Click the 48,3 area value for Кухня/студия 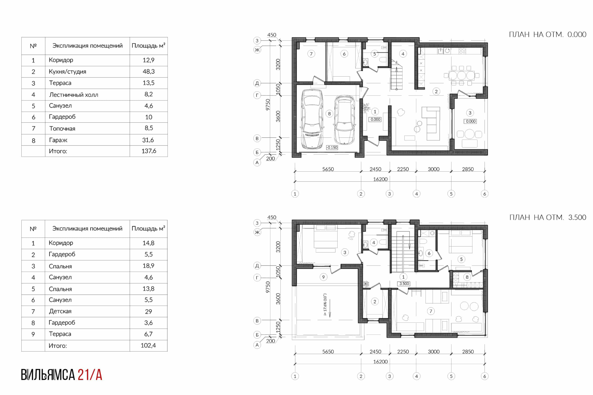[148, 72]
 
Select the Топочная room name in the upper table [62, 128]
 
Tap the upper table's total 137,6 [149, 151]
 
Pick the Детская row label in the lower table [60, 311]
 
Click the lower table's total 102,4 [148, 345]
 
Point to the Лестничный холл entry [74, 95]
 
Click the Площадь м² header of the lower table [148, 229]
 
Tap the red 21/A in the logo [90, 375]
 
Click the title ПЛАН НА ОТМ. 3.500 [548, 217]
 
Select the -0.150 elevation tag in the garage [332, 148]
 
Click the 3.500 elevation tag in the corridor [404, 284]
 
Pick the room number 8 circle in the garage [329, 114]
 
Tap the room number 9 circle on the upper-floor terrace [323, 277]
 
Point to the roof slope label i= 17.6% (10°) [325, 305]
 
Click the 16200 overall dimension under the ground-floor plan [380, 179]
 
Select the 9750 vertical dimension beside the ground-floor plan [268, 104]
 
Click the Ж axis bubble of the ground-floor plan [257, 50]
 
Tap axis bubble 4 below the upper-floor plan [417, 376]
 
